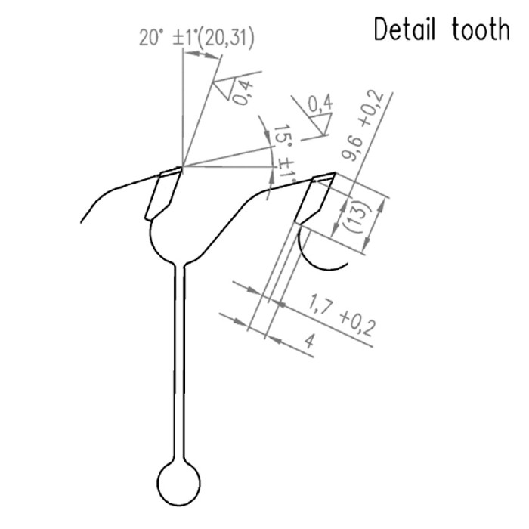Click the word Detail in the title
[x=404, y=29]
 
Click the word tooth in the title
[x=481, y=29]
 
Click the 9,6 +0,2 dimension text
[x=362, y=126]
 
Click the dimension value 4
[x=309, y=342]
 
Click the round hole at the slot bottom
[x=178, y=484]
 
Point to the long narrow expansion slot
[x=179, y=363]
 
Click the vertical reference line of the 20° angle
[x=183, y=107]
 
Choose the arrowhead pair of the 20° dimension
[x=202, y=54]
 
